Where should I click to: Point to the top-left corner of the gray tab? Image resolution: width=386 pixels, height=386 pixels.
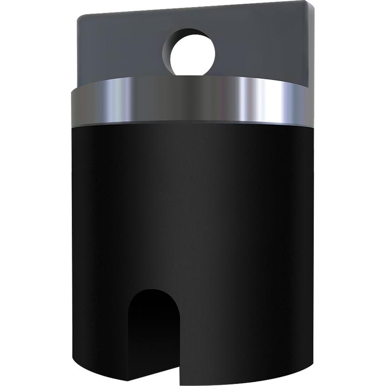tap(78, 15)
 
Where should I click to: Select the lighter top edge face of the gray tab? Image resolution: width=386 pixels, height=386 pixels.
tap(196, 8)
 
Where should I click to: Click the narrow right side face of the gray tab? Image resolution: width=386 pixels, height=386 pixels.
tap(311, 47)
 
